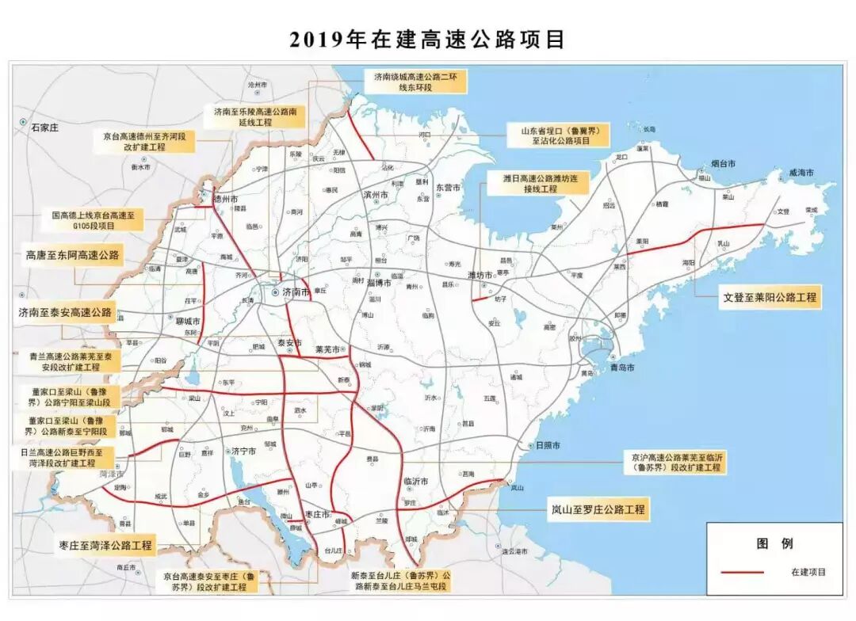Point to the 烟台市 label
click(723, 163)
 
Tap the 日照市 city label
click(547, 445)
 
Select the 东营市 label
click(449, 188)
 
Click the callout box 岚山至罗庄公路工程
click(599, 509)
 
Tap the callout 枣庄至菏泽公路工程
click(105, 545)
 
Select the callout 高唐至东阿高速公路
click(72, 255)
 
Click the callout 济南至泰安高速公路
click(65, 313)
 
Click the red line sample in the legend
click(742, 571)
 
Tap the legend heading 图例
click(774, 543)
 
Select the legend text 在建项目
click(808, 571)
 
